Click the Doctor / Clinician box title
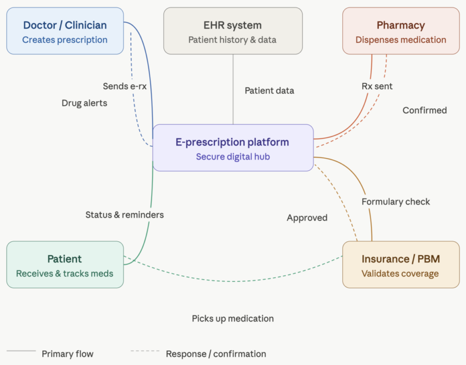[65, 25]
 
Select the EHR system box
[233, 31]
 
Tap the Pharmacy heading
[400, 25]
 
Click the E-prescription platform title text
[232, 142]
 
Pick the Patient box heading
[65, 259]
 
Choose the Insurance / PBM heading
[400, 259]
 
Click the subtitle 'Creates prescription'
[65, 40]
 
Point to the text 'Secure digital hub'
[233, 157]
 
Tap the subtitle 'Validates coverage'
[400, 274]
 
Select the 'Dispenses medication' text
[400, 40]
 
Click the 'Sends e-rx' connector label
[124, 86]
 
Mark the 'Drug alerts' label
[84, 103]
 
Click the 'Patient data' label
[269, 91]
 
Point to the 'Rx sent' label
[377, 86]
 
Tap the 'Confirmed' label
[425, 110]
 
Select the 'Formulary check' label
[395, 202]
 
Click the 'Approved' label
[307, 218]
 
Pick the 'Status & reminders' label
[124, 214]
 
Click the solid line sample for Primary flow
[21, 351]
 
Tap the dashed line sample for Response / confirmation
[145, 351]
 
